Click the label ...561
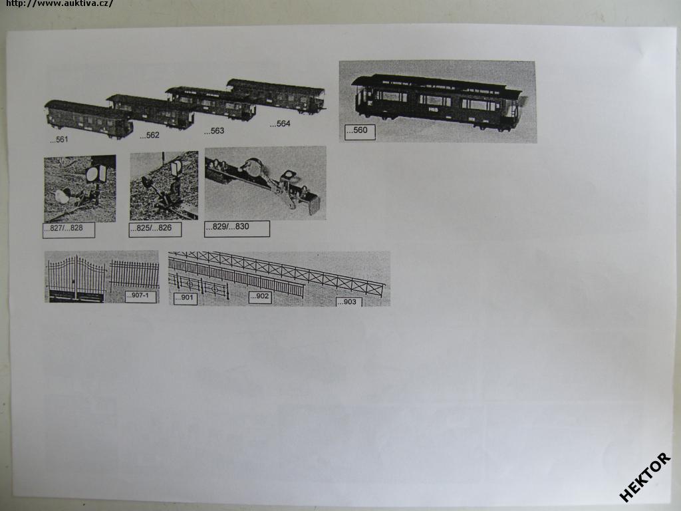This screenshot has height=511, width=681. pyautogui.click(x=59, y=140)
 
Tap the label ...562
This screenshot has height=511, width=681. pyautogui.click(x=150, y=135)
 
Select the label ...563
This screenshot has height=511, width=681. pyautogui.click(x=214, y=131)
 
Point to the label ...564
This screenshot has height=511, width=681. pyautogui.click(x=280, y=124)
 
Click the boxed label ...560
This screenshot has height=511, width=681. pyautogui.click(x=360, y=132)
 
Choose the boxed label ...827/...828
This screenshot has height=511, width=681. pyautogui.click(x=68, y=230)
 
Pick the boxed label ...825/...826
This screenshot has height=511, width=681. pyautogui.click(x=155, y=230)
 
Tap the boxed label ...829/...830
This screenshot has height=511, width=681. pyautogui.click(x=237, y=228)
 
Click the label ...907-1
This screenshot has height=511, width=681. pyautogui.click(x=140, y=296)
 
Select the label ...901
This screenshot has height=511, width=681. pyautogui.click(x=186, y=298)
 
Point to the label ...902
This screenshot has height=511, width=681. pyautogui.click(x=260, y=297)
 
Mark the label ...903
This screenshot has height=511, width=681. pyautogui.click(x=348, y=301)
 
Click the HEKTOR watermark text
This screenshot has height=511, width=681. pyautogui.click(x=645, y=477)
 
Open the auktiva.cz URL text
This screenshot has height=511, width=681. pyautogui.click(x=59, y=3)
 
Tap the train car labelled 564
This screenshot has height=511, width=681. pyautogui.click(x=277, y=96)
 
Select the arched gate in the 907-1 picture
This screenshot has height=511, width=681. pyautogui.click(x=76, y=278)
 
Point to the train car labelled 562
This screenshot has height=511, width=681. pyautogui.click(x=150, y=111)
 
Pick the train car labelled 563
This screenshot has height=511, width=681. pyautogui.click(x=211, y=103)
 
